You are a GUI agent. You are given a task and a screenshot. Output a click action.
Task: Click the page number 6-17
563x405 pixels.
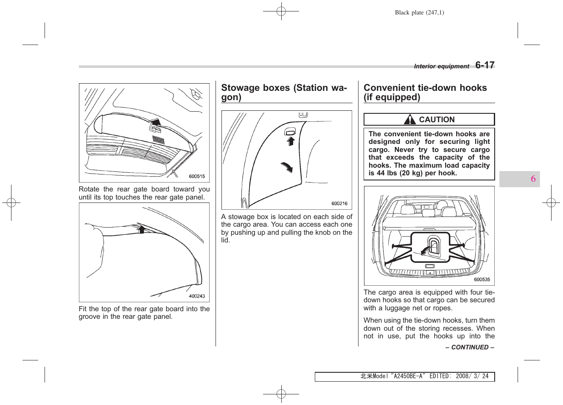click(x=485, y=65)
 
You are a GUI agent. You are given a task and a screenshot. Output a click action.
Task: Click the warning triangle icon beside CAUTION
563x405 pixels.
click(x=409, y=120)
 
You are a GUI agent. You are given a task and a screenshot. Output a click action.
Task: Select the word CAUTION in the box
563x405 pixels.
click(x=437, y=120)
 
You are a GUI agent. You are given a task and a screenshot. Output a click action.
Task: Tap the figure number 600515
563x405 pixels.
click(x=197, y=176)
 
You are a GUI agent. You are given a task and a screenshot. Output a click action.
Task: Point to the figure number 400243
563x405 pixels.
click(x=197, y=296)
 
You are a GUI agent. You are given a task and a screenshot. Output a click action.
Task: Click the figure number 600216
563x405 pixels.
click(x=339, y=203)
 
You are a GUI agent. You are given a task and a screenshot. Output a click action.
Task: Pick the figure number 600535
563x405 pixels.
click(x=482, y=279)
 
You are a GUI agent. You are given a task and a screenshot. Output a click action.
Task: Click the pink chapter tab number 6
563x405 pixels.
click(x=533, y=179)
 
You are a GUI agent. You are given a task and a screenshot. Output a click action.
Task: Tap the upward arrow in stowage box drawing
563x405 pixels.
click(x=291, y=141)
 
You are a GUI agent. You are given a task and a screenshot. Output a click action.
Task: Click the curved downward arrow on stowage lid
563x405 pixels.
click(x=287, y=167)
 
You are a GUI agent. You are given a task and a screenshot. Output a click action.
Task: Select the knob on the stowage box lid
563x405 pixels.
click(x=290, y=132)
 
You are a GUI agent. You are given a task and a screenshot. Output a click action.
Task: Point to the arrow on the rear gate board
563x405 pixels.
click(x=156, y=123)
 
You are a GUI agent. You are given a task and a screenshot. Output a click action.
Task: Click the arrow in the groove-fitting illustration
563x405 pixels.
click(x=141, y=229)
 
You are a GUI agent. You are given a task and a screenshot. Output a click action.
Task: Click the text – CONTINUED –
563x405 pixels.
click(x=470, y=347)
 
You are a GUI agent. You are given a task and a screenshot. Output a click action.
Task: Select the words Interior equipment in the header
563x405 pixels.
click(x=441, y=66)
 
